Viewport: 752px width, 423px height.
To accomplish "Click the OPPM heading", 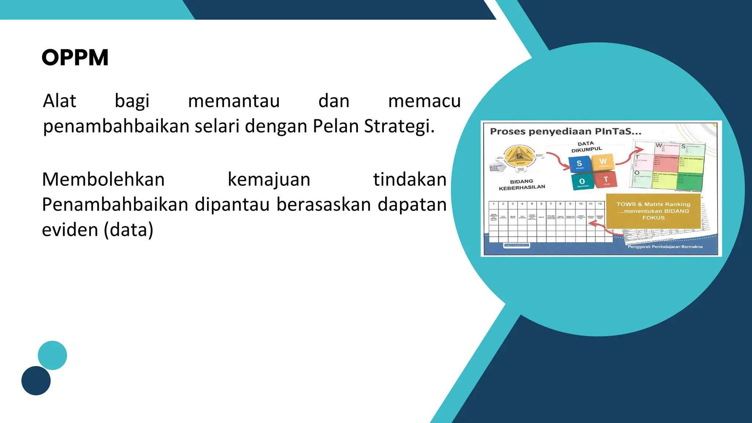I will [x=75, y=58].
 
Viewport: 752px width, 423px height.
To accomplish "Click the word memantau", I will [x=234, y=101].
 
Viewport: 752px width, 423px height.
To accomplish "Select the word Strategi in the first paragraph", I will [x=399, y=126].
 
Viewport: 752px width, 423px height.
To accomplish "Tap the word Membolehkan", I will [x=103, y=180].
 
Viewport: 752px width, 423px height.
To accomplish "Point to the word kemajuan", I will [x=269, y=180].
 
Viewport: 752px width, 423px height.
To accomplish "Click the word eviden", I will [x=70, y=230].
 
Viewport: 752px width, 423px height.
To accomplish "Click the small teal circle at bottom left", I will [x=53, y=355].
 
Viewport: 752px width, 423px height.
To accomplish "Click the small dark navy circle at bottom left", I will [x=36, y=380].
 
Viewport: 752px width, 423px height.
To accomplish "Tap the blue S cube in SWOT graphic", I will [x=579, y=164].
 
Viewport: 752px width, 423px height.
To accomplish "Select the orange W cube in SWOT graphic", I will [x=603, y=162].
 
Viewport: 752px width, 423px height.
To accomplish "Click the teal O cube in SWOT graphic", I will [x=582, y=181].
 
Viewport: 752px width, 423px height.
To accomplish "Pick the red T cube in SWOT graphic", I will [x=605, y=180].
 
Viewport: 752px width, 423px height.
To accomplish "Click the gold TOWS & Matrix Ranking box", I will [x=653, y=211].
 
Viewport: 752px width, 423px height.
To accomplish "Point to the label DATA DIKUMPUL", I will [x=586, y=147].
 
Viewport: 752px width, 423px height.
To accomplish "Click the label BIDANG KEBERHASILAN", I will [x=522, y=184].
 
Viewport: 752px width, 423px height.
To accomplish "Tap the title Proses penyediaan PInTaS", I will [x=565, y=131].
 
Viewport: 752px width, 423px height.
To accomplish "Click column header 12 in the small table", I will [x=600, y=203].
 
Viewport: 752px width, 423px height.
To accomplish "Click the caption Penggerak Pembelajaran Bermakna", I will [x=665, y=247].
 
